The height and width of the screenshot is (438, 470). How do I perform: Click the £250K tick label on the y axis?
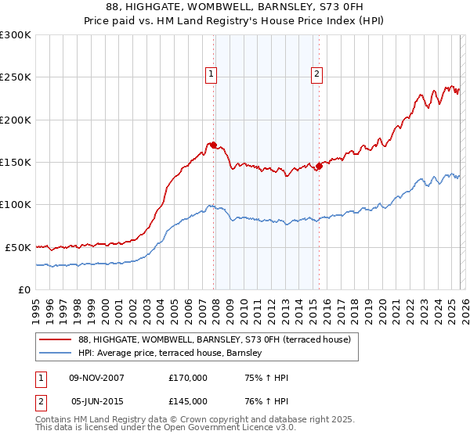point(15,77)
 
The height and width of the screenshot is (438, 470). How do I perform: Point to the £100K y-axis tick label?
point(15,204)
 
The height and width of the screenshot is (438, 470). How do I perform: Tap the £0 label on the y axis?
point(24,289)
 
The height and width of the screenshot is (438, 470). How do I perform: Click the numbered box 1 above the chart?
point(211,74)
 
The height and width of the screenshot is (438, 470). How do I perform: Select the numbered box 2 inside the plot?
point(316,74)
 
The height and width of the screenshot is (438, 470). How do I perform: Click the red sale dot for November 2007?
point(213,145)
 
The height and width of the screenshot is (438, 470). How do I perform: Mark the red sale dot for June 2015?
point(319,166)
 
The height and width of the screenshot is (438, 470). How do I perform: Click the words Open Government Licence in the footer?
point(233,429)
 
